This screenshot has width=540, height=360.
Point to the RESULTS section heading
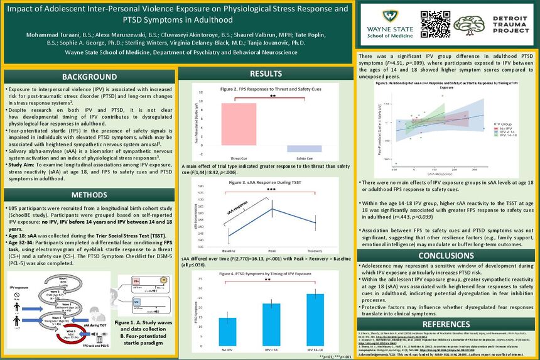pos(266,74)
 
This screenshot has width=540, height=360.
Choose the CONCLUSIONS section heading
pos(446,256)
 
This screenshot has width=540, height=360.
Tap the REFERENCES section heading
pos(446,324)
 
